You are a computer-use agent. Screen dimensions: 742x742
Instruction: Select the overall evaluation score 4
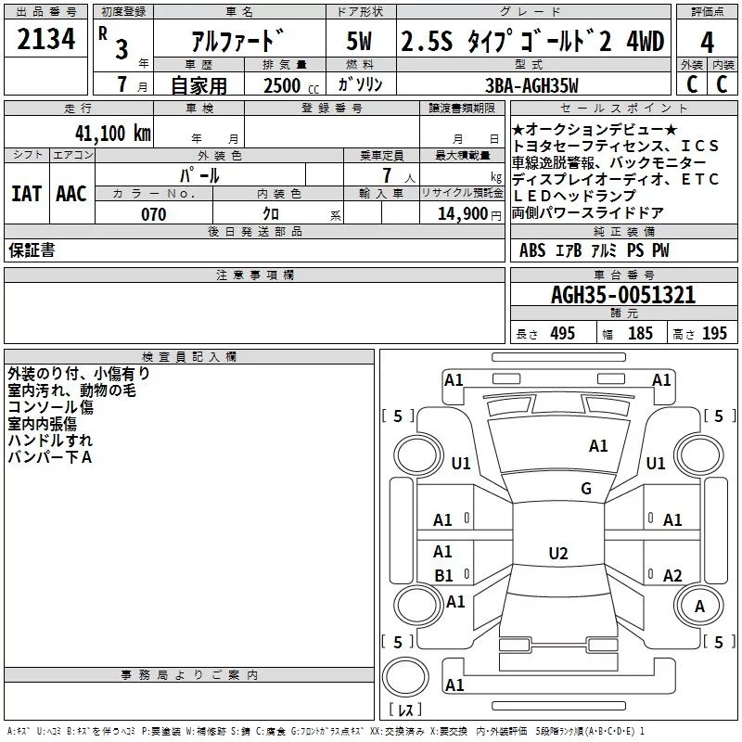tap(707, 43)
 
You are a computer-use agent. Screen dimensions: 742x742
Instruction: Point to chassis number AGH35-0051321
tap(622, 296)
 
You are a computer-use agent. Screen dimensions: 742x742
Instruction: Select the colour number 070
tap(153, 214)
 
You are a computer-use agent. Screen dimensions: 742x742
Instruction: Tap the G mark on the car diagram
tap(585, 489)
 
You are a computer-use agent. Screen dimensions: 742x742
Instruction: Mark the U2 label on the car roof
tap(557, 554)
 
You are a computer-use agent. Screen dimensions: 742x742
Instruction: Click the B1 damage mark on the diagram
tap(443, 575)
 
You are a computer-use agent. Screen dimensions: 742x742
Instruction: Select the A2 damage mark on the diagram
tap(672, 575)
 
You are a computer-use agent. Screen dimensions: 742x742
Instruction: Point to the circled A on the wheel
tap(699, 606)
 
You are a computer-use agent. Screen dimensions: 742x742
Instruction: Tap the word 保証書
tap(32, 250)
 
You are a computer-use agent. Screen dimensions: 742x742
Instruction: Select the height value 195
tap(714, 333)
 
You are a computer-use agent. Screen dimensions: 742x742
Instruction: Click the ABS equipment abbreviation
tap(532, 250)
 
